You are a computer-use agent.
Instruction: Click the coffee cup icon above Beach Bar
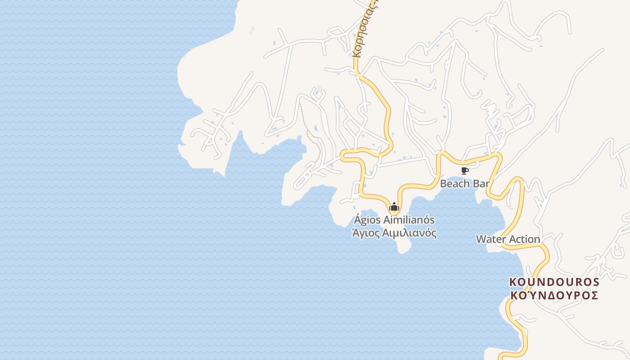(465, 171)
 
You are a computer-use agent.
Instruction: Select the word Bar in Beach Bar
(480, 184)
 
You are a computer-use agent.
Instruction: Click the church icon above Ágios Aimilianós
(394, 207)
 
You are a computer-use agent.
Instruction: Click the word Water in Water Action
(491, 239)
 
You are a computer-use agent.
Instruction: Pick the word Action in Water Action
(524, 239)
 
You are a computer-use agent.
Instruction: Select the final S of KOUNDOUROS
(595, 282)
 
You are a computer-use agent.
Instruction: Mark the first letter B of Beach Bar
(443, 184)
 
